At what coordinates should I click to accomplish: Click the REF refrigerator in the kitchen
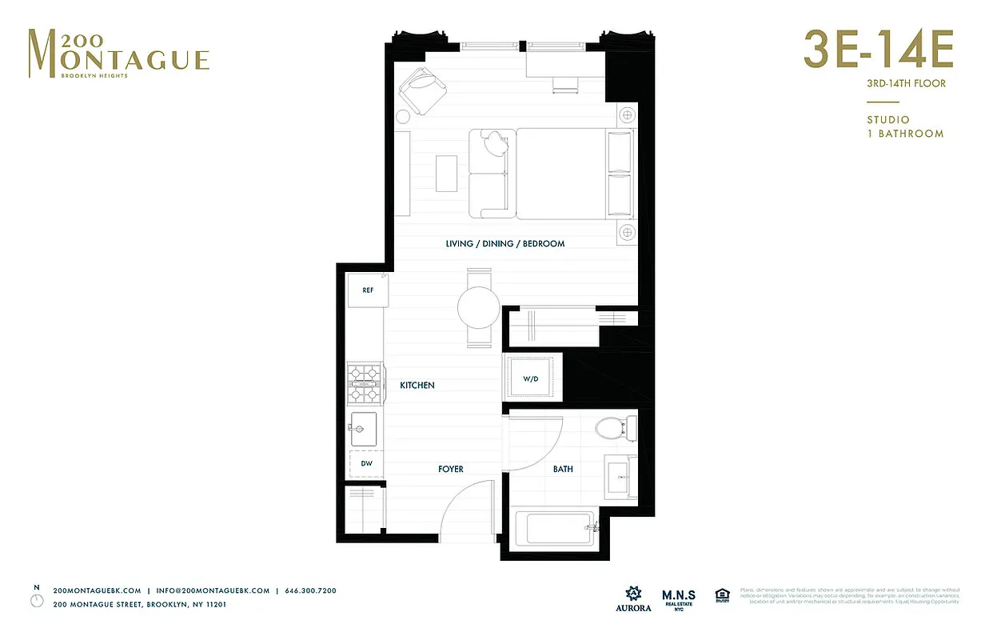tap(368, 290)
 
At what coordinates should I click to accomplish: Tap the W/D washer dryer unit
tap(530, 378)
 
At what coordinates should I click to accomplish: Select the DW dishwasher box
tap(366, 463)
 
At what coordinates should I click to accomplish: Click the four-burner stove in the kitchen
tap(364, 384)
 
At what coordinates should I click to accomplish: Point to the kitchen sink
tap(365, 428)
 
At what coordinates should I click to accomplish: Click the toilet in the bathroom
tap(616, 428)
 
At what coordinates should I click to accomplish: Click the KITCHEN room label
tap(417, 386)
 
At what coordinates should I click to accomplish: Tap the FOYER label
tap(450, 469)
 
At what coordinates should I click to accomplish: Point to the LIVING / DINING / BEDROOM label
tap(505, 243)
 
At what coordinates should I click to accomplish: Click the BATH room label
tap(563, 469)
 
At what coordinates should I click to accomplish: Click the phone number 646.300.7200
tap(310, 590)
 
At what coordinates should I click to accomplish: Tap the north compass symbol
tap(36, 598)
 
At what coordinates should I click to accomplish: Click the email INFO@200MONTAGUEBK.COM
tap(213, 590)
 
